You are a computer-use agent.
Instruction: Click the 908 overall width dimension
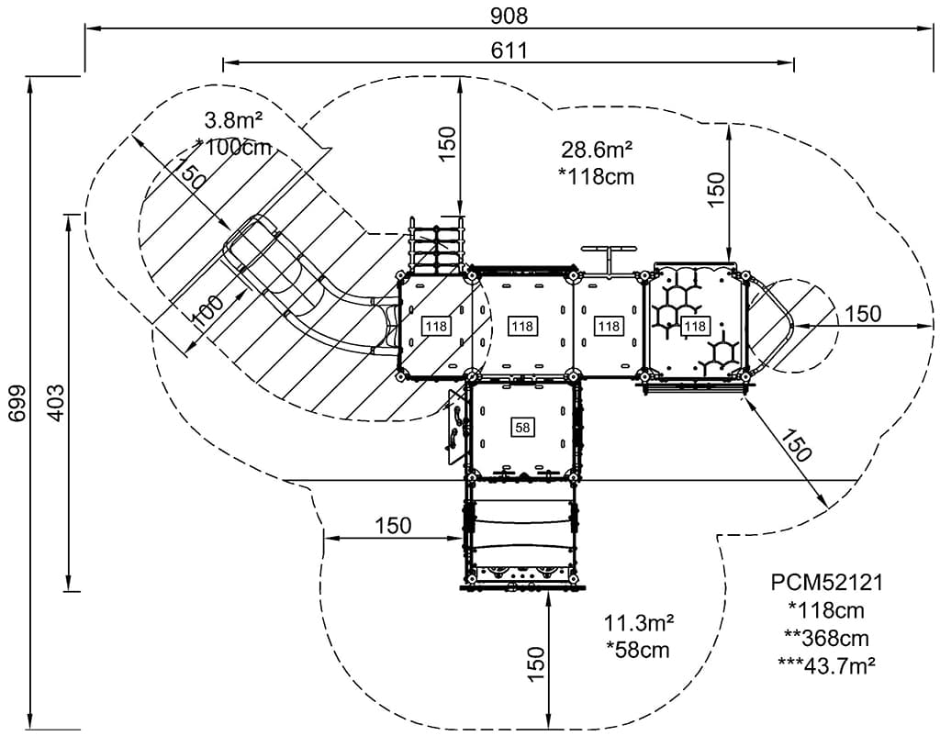pos(509,15)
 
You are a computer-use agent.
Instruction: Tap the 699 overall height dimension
pos(18,403)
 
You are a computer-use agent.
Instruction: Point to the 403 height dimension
pos(55,403)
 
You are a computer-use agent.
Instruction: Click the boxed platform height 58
pos(522,428)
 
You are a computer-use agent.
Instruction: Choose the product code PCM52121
pos(826,582)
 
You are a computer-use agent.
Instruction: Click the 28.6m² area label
pos(597,149)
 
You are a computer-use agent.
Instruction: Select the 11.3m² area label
pos(638,623)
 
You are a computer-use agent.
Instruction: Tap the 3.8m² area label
pos(234,120)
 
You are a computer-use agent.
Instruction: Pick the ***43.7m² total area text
pos(826,664)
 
